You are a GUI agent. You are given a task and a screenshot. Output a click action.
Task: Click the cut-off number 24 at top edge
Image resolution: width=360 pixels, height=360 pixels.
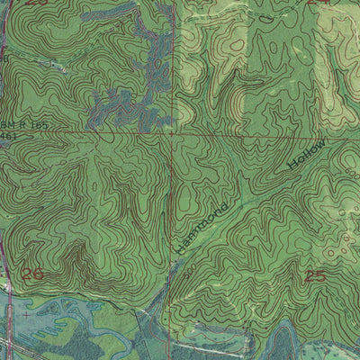pyautogui.click(x=316, y=3)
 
